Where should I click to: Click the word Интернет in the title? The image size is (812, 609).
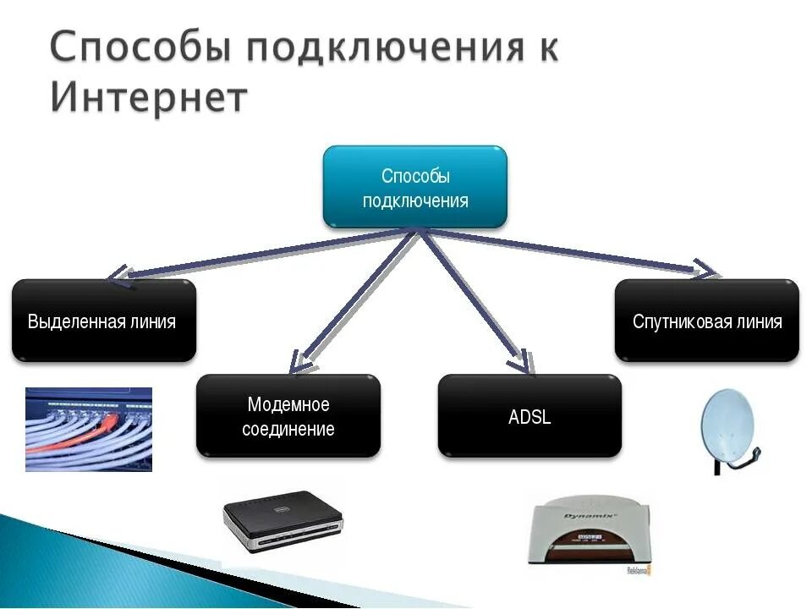pyautogui.click(x=148, y=96)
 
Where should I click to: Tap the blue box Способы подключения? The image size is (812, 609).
pyautogui.click(x=414, y=187)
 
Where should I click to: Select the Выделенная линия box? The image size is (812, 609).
pyautogui.click(x=103, y=321)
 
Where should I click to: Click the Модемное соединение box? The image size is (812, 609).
pyautogui.click(x=288, y=416)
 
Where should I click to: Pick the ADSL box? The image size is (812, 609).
pyautogui.click(x=529, y=416)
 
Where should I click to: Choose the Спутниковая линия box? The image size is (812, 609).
pyautogui.click(x=706, y=321)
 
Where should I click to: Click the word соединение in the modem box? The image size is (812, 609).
pyautogui.click(x=288, y=429)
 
